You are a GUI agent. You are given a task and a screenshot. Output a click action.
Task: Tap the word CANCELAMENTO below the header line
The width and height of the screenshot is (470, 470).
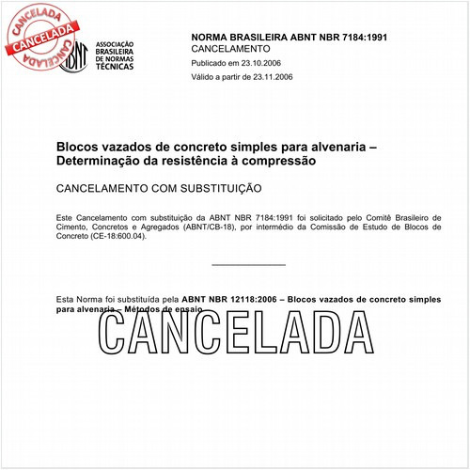[230, 47]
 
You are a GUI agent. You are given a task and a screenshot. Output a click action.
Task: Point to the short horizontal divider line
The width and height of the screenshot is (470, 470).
[248, 265]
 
